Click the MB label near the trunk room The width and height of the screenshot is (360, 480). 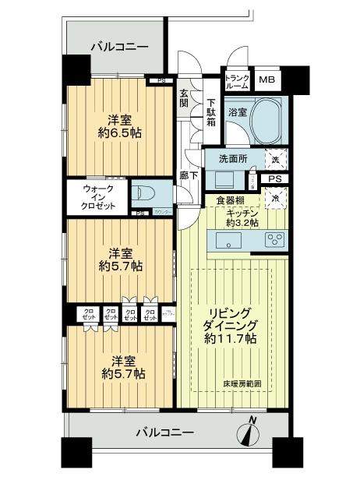[x=266, y=80]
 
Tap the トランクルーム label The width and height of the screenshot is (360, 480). [x=237, y=80]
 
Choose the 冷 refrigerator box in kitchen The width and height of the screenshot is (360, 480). [x=277, y=199]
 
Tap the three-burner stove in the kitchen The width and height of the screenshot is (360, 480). [x=274, y=241]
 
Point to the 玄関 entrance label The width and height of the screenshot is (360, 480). [x=184, y=97]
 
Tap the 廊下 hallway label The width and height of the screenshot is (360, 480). [x=189, y=175]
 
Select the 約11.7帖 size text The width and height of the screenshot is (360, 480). [x=231, y=339]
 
